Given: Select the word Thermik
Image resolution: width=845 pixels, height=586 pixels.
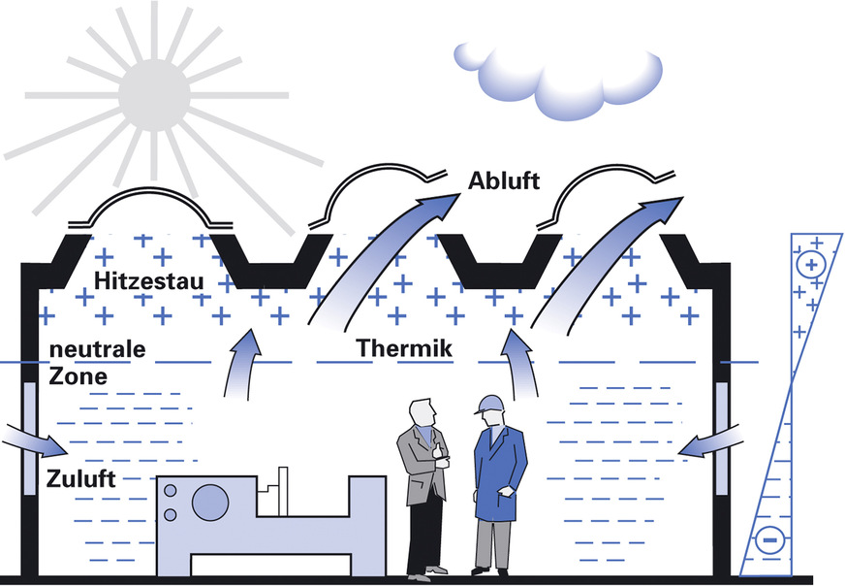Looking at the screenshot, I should point(403,346).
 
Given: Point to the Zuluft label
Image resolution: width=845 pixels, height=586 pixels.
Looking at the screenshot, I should point(80,479).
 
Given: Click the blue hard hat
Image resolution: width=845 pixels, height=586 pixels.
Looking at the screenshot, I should point(488,404).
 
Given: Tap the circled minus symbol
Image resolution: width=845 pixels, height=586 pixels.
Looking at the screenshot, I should point(769,537).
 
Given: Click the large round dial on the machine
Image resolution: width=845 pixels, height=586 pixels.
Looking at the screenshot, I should point(209,502).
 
